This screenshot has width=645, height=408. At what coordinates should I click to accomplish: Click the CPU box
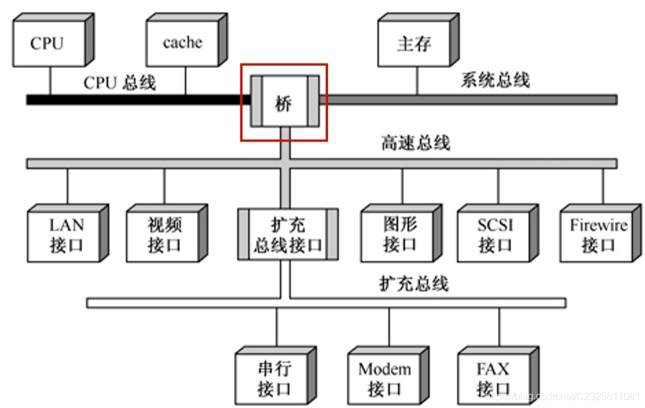48,43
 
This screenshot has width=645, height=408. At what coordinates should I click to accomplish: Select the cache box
183,43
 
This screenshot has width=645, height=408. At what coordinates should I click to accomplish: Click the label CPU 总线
119,82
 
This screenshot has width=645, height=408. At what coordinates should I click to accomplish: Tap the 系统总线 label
495,80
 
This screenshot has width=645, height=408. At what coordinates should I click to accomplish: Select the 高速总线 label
415,144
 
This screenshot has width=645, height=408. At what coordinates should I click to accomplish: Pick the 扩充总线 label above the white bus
414,283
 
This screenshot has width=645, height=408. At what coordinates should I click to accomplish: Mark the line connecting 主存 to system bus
417,81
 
